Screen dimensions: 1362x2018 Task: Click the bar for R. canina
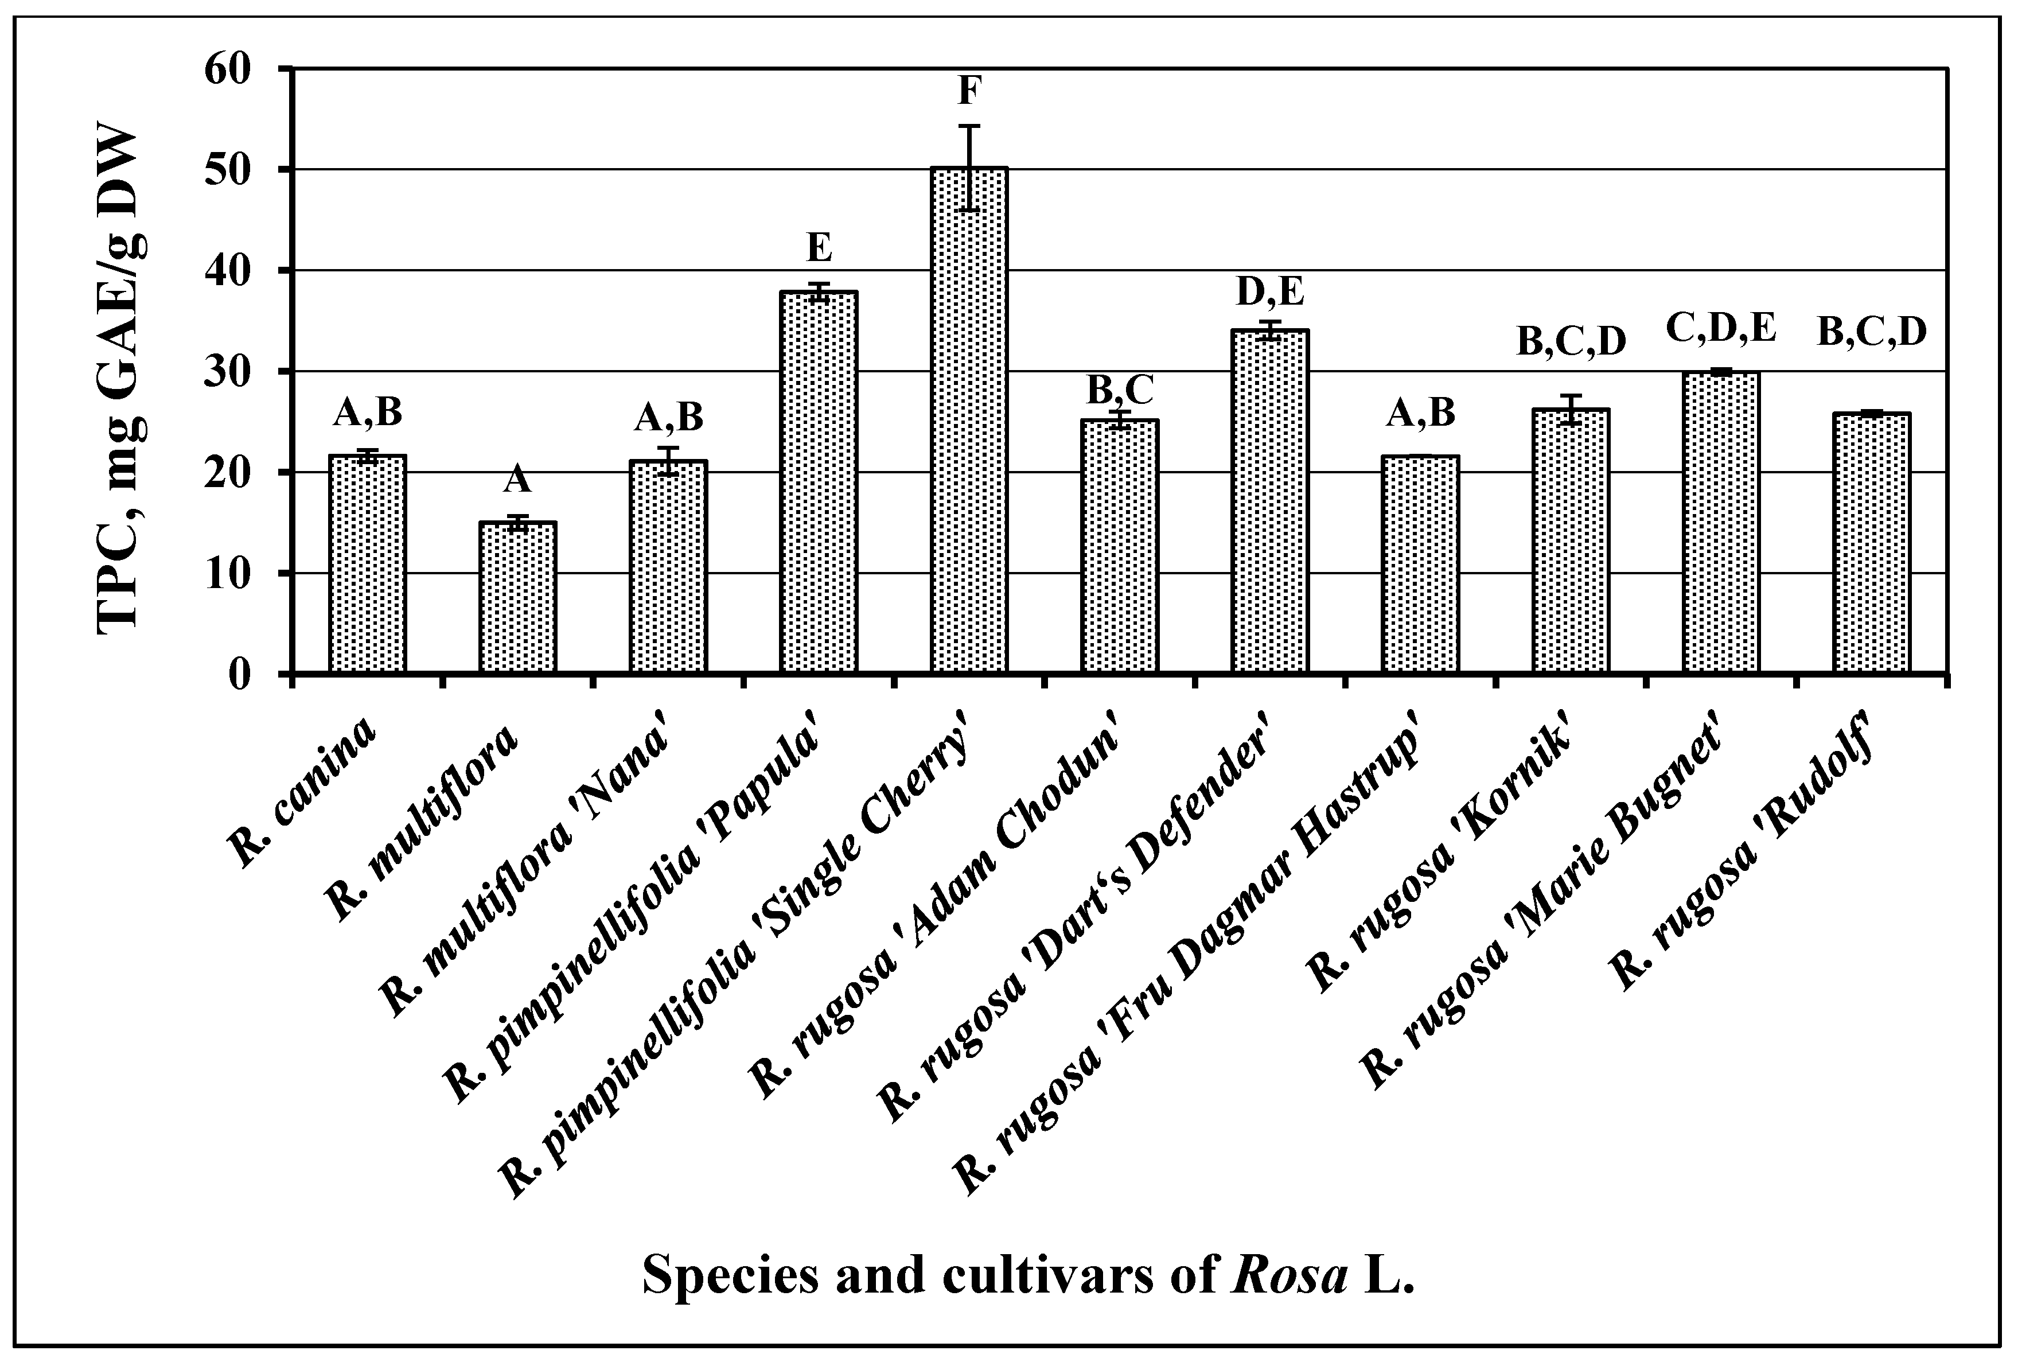pos(367,565)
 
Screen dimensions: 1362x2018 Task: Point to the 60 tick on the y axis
pos(228,69)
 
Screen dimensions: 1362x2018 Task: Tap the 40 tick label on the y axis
pos(228,271)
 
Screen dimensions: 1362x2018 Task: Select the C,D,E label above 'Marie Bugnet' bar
pos(1721,329)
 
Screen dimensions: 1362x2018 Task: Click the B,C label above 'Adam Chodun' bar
pos(1120,390)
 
